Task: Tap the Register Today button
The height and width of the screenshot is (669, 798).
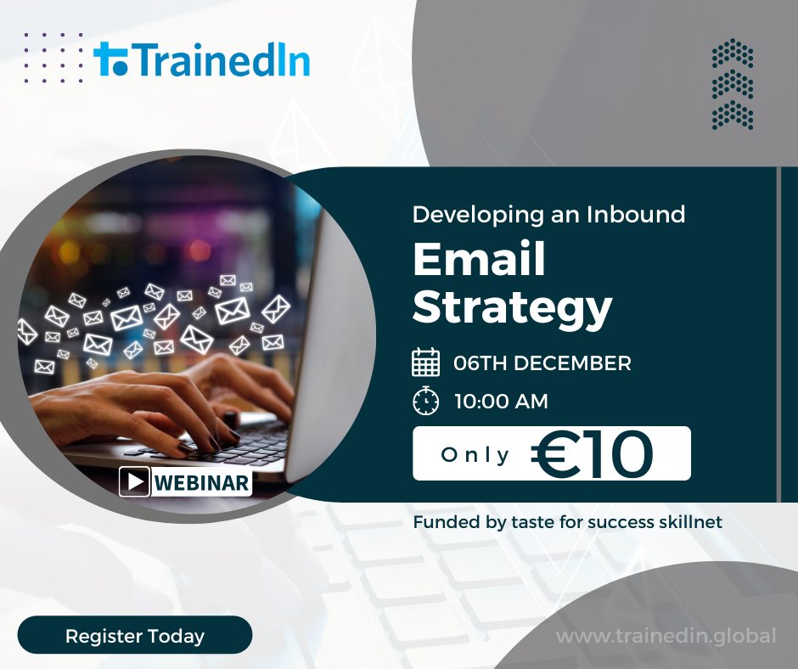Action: pyautogui.click(x=135, y=635)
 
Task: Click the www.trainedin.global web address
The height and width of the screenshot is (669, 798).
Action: pyautogui.click(x=666, y=635)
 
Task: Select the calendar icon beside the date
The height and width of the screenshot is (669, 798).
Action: pyautogui.click(x=425, y=363)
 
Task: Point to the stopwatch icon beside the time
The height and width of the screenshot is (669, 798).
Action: pyautogui.click(x=425, y=401)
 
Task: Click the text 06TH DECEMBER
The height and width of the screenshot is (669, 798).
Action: pyautogui.click(x=542, y=363)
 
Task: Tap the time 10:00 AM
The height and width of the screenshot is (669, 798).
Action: pyautogui.click(x=501, y=402)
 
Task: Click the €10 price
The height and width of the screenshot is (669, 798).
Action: pyautogui.click(x=593, y=454)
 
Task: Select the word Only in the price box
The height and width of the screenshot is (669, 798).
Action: pyautogui.click(x=475, y=455)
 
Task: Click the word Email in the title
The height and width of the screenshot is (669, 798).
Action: pyautogui.click(x=479, y=261)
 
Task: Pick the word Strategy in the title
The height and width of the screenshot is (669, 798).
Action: pyautogui.click(x=512, y=309)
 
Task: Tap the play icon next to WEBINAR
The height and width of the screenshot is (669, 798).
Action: pyautogui.click(x=135, y=482)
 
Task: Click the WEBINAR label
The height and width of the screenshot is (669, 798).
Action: pyautogui.click(x=202, y=483)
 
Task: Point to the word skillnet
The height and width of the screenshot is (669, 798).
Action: pyautogui.click(x=689, y=522)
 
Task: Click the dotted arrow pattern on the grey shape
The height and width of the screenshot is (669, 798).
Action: pyautogui.click(x=733, y=84)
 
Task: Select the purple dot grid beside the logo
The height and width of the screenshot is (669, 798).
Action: pyautogui.click(x=53, y=58)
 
